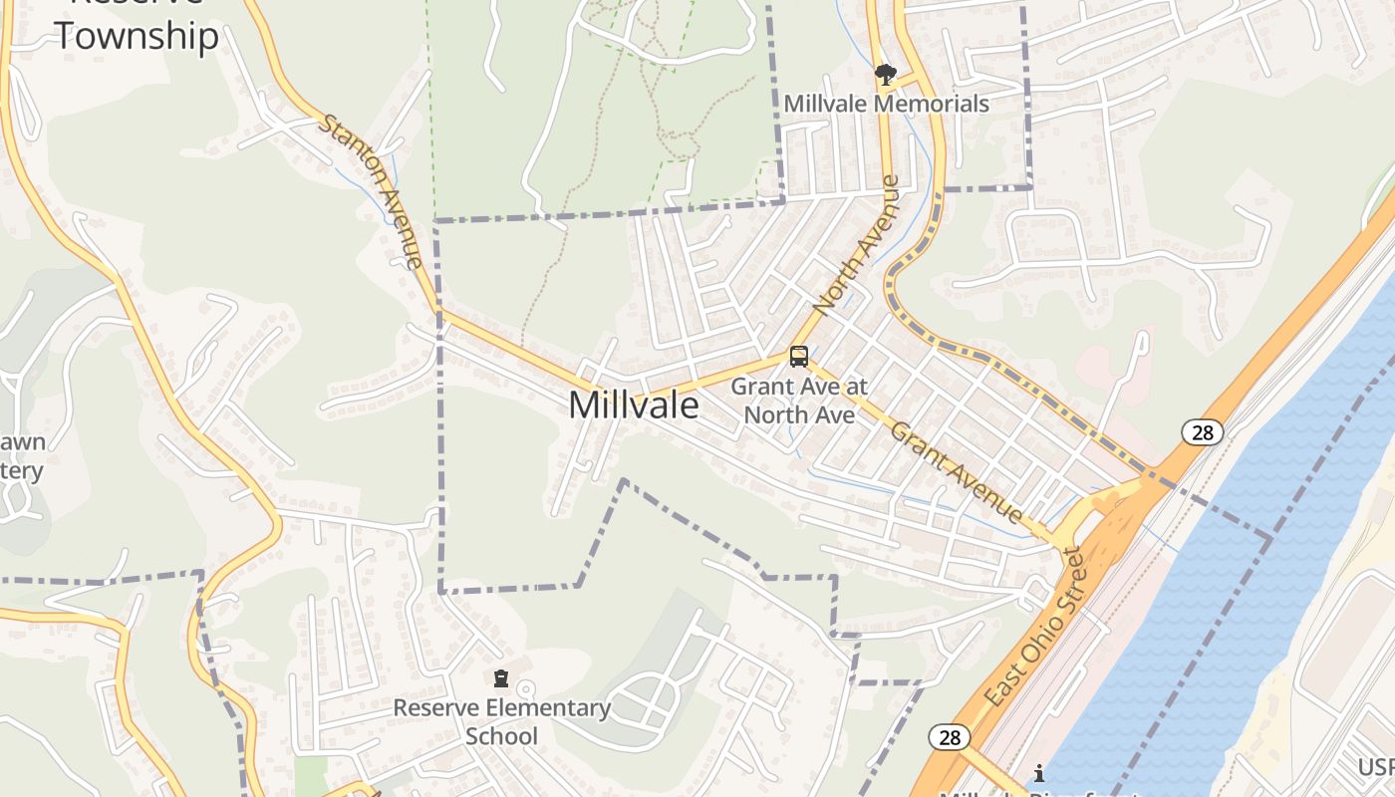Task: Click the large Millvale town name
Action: point(633,405)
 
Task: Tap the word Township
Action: point(136,36)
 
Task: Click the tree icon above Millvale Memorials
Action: point(885,74)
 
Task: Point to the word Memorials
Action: point(934,104)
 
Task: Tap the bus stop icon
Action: point(798,356)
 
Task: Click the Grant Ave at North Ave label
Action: point(799,399)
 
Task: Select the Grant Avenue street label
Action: point(957,472)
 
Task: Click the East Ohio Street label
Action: point(1032,628)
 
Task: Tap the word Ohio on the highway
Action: point(1037,622)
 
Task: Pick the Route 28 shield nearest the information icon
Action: point(949,737)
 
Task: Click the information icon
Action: point(1039,773)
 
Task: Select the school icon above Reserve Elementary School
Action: point(501,679)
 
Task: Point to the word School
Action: point(502,736)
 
